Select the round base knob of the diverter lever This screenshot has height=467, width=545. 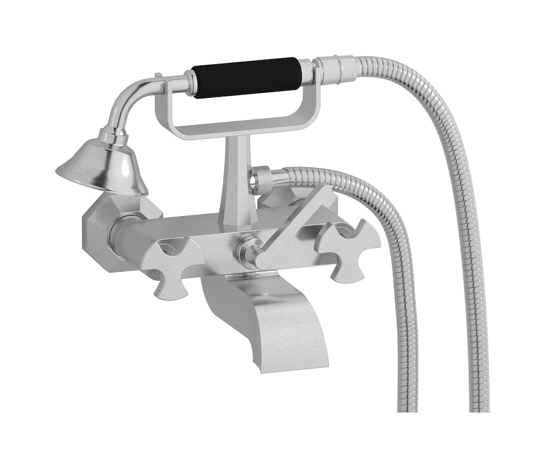249,249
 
